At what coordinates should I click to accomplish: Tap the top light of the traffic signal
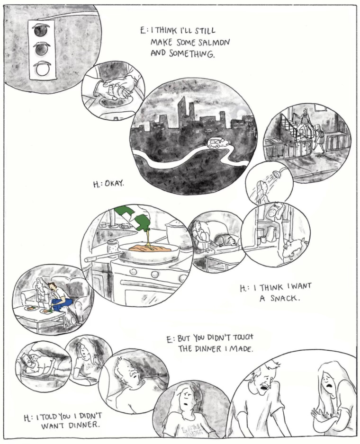point(42,31)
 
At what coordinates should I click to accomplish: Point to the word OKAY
point(115,184)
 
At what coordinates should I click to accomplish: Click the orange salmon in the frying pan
point(149,248)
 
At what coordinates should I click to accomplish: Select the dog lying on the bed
point(225,240)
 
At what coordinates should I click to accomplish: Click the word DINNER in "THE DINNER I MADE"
point(208,348)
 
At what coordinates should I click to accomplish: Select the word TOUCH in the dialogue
point(243,337)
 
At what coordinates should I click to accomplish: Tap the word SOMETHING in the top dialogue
point(192,53)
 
